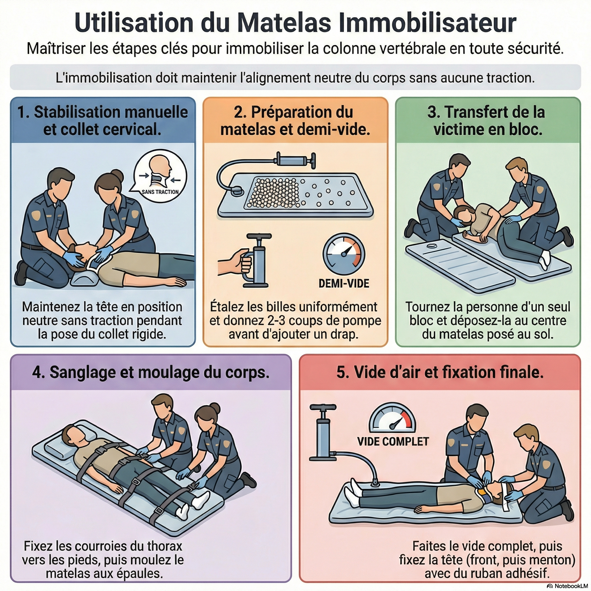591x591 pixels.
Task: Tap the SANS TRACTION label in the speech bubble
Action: coord(160,192)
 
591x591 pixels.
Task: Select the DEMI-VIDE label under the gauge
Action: coord(344,283)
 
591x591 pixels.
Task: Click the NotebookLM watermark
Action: coord(567,586)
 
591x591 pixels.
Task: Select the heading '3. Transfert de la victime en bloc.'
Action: coord(488,121)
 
